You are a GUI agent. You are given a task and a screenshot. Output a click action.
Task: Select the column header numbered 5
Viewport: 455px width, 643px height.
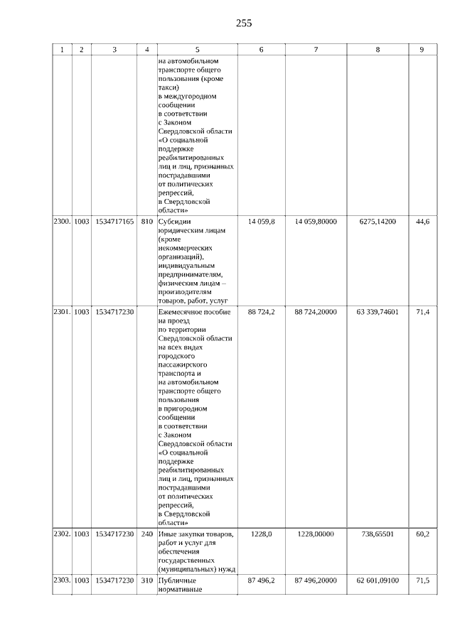pyautogui.click(x=197, y=49)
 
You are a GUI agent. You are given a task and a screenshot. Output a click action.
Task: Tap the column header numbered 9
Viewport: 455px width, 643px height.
pyautogui.click(x=422, y=49)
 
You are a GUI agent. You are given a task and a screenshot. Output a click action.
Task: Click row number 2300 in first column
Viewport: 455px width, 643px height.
pyautogui.click(x=62, y=222)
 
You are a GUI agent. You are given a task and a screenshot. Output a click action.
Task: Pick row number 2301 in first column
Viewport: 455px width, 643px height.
pyautogui.click(x=62, y=312)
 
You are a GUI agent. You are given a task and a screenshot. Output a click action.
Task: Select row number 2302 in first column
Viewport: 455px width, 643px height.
pyautogui.click(x=62, y=534)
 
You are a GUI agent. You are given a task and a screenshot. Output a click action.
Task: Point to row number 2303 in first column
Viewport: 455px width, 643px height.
pyautogui.click(x=62, y=580)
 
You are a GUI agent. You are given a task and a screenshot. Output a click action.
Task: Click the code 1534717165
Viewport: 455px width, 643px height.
pyautogui.click(x=114, y=222)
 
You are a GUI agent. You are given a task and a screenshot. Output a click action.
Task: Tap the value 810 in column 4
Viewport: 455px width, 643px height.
pyautogui.click(x=147, y=222)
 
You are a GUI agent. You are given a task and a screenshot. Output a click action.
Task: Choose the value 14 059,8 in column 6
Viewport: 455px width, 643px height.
pyautogui.click(x=261, y=222)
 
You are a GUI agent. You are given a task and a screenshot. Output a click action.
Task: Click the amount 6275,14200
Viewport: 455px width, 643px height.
pyautogui.click(x=378, y=222)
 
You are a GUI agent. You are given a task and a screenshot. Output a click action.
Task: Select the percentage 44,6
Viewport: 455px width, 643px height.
pyautogui.click(x=422, y=222)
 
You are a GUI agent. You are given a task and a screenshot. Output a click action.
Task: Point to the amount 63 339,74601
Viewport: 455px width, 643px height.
pyautogui.click(x=378, y=312)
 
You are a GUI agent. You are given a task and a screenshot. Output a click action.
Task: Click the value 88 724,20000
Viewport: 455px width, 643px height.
pyautogui.click(x=316, y=312)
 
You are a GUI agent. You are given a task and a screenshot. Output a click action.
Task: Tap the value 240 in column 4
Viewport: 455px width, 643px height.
pyautogui.click(x=147, y=534)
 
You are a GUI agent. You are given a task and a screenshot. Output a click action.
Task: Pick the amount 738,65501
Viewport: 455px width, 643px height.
pyautogui.click(x=378, y=534)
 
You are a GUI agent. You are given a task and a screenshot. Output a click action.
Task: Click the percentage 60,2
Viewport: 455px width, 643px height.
pyautogui.click(x=422, y=534)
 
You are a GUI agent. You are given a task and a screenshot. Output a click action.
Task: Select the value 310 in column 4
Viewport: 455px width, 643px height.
pyautogui.click(x=147, y=580)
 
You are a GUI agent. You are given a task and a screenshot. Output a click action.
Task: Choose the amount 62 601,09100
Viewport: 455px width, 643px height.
pyautogui.click(x=378, y=580)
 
